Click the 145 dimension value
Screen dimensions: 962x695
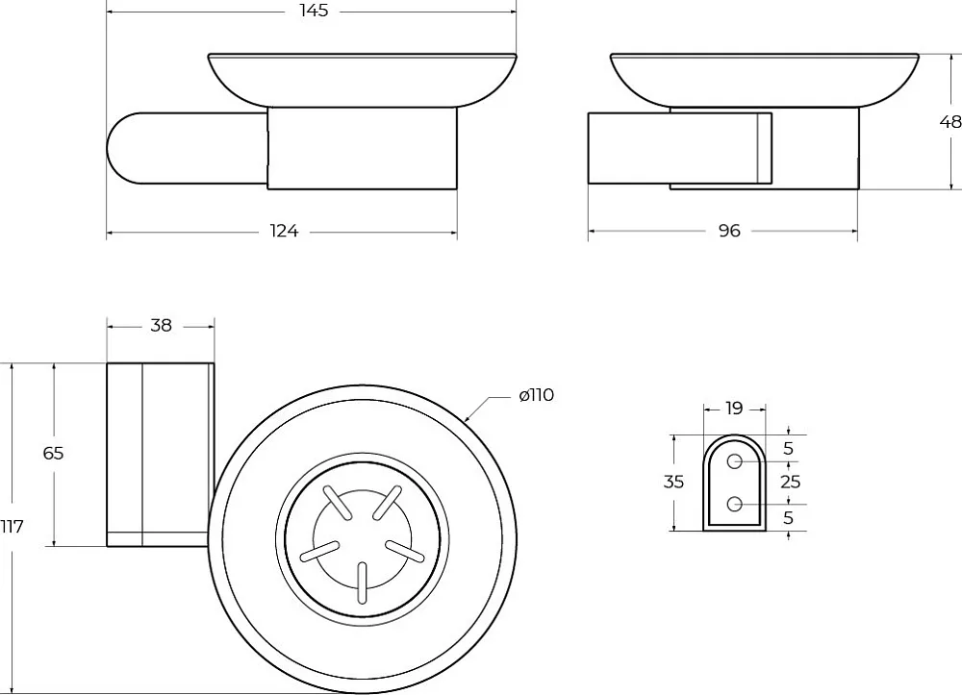pos(315,11)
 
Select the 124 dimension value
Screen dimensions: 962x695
pos(284,231)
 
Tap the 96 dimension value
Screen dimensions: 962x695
pos(729,231)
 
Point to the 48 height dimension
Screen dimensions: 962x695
pos(950,122)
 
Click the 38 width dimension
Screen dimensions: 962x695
pos(161,326)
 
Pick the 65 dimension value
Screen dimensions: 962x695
pos(53,453)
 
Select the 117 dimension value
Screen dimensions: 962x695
pos(12,527)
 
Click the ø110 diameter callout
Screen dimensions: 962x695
pos(536,395)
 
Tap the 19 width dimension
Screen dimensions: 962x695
pos(734,409)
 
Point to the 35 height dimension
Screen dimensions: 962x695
pos(673,482)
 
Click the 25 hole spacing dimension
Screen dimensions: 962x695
pos(790,482)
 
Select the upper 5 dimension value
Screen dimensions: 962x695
pos(789,449)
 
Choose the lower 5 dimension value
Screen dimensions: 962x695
pos(789,518)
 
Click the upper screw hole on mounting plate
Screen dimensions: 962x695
pos(734,461)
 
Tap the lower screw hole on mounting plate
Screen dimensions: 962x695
pos(734,505)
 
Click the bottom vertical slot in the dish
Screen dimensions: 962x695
pos(363,583)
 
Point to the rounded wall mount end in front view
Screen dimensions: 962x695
pos(126,148)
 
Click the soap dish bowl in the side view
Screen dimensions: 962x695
pos(764,80)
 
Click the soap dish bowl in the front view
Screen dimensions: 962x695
pos(363,80)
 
